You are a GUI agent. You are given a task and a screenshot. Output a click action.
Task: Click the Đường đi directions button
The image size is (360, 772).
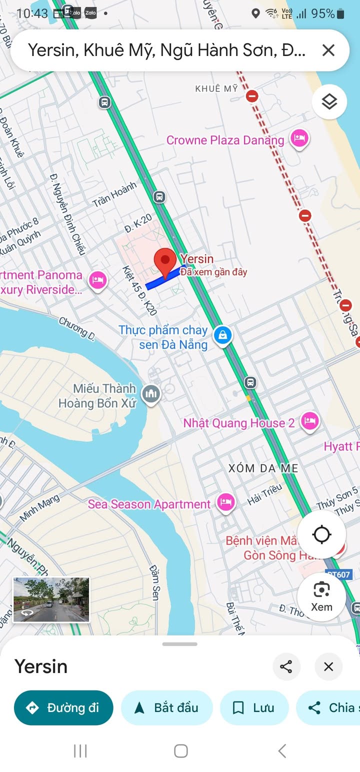pos(63,707)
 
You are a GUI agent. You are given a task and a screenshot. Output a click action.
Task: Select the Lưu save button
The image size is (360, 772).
pos(254,707)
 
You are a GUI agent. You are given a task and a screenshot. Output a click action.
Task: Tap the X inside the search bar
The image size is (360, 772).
pos(328,50)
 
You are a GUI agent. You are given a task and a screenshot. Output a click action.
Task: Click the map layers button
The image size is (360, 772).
pos(329,102)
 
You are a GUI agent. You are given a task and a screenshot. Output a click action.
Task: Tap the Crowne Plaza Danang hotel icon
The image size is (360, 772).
pos(299,138)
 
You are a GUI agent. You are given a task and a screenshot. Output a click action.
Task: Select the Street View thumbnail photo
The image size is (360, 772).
pos(51,599)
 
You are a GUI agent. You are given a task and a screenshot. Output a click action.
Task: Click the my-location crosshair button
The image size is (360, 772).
pos(321,534)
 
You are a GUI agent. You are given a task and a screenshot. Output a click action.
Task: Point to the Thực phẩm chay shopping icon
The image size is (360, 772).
pos(222,335)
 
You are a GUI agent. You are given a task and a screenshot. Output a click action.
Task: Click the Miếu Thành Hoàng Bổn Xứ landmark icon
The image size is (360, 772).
pos(150,394)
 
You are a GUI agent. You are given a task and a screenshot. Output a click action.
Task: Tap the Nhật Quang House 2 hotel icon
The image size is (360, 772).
pos(309,421)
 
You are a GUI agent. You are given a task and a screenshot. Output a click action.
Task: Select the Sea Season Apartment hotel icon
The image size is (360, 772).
pos(226,502)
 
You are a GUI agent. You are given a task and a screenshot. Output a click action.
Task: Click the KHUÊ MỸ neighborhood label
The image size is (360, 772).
pos(216,88)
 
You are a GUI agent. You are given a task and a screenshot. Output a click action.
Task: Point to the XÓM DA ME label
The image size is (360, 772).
pos(263,468)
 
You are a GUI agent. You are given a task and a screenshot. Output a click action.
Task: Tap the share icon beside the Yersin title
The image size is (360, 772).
pos(286,666)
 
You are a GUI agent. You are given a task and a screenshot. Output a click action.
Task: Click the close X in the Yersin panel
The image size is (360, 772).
pos(328,666)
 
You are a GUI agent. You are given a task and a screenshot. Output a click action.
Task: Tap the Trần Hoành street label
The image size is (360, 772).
pos(114,194)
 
